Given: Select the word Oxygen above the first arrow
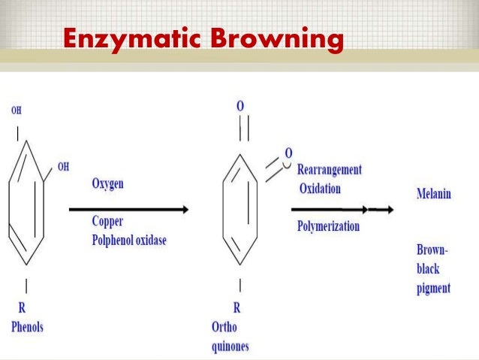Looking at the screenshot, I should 107,183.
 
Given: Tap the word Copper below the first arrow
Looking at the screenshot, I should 107,222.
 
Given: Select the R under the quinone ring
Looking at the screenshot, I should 237,308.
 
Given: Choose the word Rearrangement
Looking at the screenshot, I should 329,169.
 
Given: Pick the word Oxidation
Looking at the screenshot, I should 320,188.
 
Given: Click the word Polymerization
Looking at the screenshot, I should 328,225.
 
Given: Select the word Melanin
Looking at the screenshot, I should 434,194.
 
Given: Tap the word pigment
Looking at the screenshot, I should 433,288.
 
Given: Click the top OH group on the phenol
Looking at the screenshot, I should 17,110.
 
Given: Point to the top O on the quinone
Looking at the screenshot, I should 240,107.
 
